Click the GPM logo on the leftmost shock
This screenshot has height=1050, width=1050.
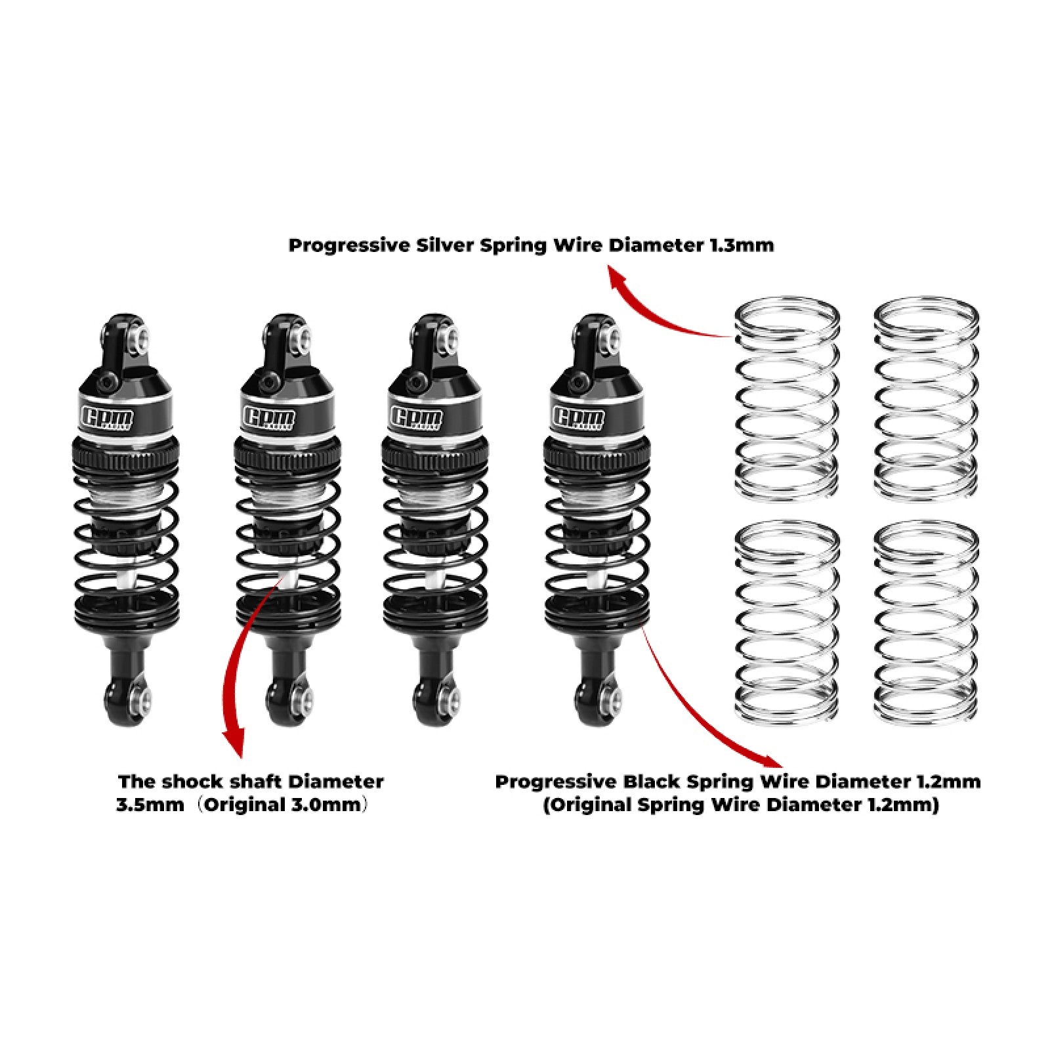(107, 417)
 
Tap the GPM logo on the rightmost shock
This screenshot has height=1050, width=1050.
(579, 417)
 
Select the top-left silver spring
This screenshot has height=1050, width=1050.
(786, 397)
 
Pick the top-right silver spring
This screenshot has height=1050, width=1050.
(927, 397)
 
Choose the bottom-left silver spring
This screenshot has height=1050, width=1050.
(786, 622)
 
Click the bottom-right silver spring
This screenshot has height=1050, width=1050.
(927, 622)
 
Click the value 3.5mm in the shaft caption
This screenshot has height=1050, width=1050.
(150, 805)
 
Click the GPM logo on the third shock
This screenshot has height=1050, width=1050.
(416, 417)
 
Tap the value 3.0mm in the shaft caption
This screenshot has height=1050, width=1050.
(325, 805)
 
